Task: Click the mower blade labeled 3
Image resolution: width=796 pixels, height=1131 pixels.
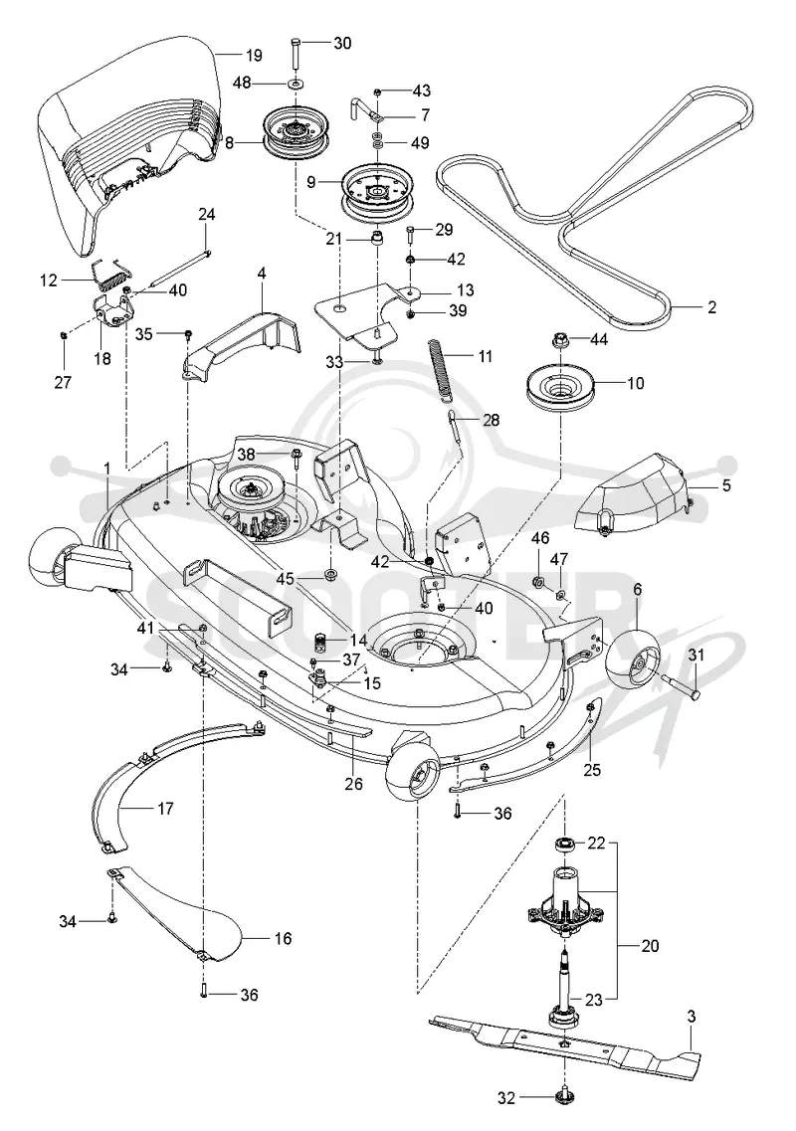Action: pyautogui.click(x=563, y=1042)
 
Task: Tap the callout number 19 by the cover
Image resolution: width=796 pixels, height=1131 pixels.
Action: pyautogui.click(x=254, y=55)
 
